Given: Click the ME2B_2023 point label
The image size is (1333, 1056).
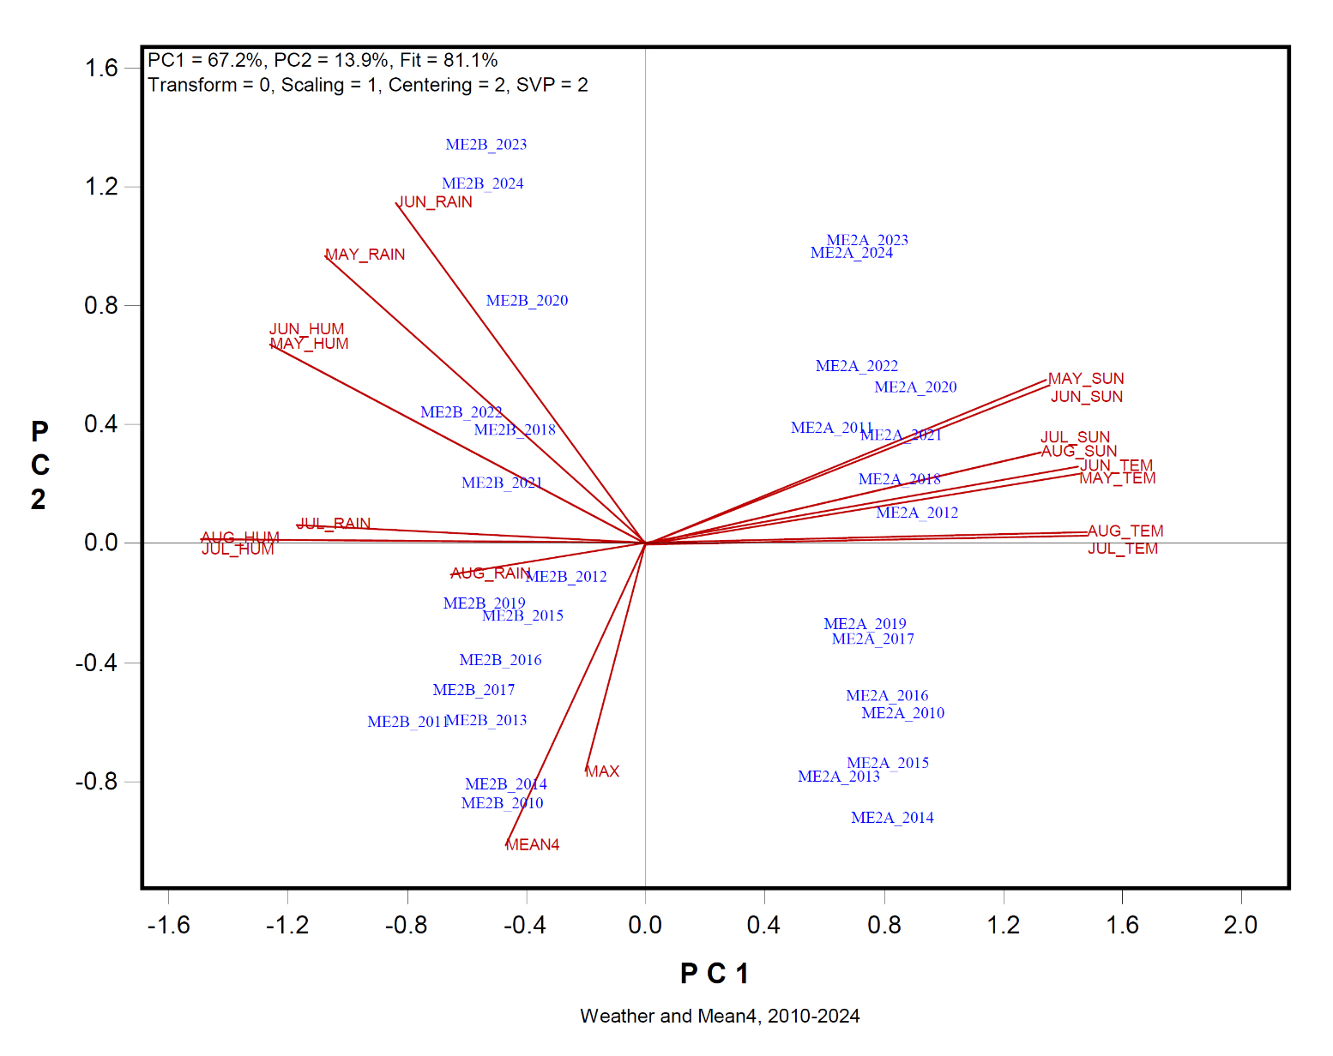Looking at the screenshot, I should (x=486, y=145).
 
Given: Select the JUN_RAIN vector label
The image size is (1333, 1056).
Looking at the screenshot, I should (x=435, y=202).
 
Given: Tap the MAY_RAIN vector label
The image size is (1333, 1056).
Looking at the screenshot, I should (x=365, y=255).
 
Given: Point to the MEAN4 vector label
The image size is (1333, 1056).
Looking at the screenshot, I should (x=533, y=845).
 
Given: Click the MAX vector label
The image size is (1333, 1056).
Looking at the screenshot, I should (x=602, y=771).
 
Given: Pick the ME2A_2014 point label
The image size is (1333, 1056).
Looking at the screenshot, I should (x=892, y=818).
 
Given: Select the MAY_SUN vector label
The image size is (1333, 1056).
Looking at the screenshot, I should (x=1086, y=379).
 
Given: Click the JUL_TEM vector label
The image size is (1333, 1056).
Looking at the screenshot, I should (x=1123, y=549).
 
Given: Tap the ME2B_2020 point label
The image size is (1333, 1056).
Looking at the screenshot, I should (x=527, y=301).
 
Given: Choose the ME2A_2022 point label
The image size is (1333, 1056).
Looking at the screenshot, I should (x=857, y=366).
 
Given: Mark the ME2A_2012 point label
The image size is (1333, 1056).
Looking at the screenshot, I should (x=917, y=513).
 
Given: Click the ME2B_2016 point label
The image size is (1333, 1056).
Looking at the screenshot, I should (x=500, y=660).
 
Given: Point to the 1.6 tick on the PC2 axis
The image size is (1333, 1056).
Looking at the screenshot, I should (x=101, y=69).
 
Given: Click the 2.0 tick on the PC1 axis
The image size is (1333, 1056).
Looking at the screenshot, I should (x=1240, y=926).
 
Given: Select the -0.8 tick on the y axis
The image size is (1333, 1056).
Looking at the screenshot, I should (x=97, y=782).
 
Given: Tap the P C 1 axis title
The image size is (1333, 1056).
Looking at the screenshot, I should (x=715, y=974).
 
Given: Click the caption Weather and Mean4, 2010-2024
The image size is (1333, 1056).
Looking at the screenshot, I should (x=720, y=1017).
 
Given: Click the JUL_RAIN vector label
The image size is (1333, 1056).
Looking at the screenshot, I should (x=335, y=524).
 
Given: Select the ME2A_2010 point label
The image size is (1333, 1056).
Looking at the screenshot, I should (x=902, y=713).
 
